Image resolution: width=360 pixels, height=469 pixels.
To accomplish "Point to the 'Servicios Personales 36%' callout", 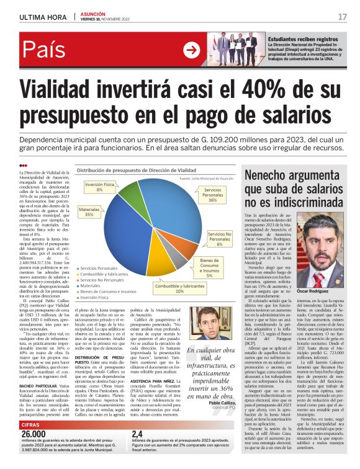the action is tap(212, 195).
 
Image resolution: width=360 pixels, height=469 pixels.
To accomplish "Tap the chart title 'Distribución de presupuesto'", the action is tap(135, 169).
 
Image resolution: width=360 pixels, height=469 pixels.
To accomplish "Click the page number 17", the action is tap(342, 17).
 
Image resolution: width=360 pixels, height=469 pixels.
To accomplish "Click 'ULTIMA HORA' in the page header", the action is tap(40, 17).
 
